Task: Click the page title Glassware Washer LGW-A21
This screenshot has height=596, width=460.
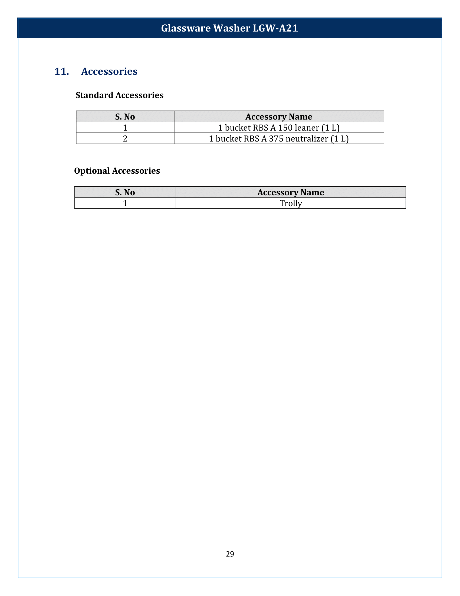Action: coord(229,28)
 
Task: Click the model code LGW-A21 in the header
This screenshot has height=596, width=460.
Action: coord(275,28)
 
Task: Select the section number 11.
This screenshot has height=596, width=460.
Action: coord(62,71)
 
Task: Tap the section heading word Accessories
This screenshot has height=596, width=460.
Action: coord(109,71)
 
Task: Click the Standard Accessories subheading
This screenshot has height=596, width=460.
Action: coord(119,95)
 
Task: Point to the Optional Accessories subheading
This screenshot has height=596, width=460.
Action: coord(117,171)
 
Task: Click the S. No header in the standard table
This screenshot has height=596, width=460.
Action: coord(125,116)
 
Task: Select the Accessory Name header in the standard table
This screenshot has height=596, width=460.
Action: coord(279,116)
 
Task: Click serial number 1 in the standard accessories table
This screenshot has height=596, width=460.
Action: coord(125,127)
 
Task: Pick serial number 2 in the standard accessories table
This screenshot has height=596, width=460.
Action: coord(125,139)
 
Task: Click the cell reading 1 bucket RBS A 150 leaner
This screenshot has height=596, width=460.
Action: coord(279,127)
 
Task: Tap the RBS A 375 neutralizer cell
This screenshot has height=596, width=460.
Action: coord(279,139)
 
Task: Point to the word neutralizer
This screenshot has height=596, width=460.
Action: coord(307,139)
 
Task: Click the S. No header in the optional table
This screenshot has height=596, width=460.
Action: coord(125,192)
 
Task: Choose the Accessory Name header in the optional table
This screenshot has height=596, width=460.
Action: coord(291,192)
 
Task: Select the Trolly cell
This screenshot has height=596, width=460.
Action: coord(291,203)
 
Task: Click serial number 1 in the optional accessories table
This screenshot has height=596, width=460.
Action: coord(125,203)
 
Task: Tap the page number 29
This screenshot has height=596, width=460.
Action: coord(230,554)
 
